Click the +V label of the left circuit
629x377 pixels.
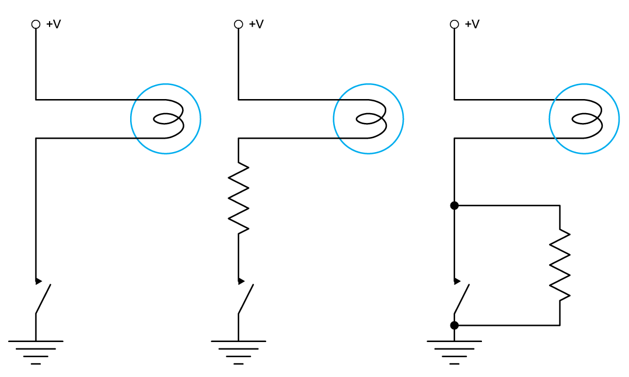(53, 24)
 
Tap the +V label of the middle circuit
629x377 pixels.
(256, 24)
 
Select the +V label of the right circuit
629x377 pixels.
(471, 24)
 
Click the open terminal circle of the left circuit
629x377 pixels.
(36, 24)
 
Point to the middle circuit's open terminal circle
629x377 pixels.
(238, 24)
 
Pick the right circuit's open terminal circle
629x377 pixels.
(454, 24)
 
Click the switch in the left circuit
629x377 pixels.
(43, 298)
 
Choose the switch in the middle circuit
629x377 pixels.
(245, 298)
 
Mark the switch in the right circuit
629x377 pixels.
(461, 298)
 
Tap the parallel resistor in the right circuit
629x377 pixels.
(560, 265)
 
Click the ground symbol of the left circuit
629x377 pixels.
(36, 351)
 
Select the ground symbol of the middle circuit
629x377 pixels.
(238, 351)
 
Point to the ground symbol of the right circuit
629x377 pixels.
(454, 351)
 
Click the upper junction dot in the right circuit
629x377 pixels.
(454, 206)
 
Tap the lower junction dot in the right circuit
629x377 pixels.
(454, 325)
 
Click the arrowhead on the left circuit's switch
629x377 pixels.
(38, 281)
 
